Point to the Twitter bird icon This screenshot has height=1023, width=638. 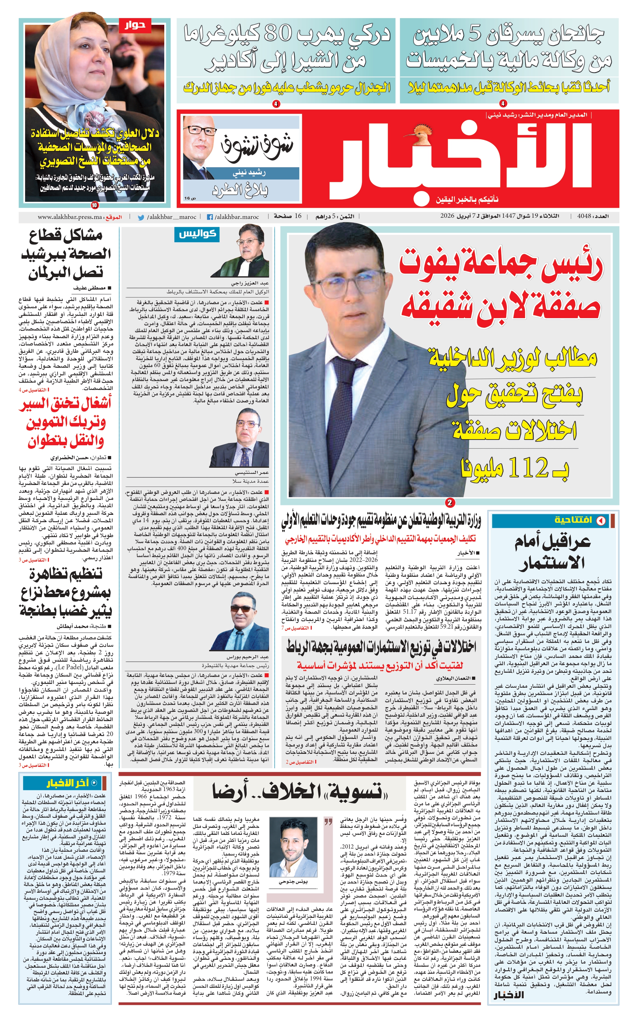pyautogui.click(x=141, y=217)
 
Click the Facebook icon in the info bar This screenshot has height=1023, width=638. pyautogui.click(x=209, y=217)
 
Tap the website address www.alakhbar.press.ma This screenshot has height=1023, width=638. pyautogui.click(x=70, y=217)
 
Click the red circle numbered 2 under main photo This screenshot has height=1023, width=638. pyautogui.click(x=450, y=503)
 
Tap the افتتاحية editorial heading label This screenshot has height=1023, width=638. pyautogui.click(x=574, y=520)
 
